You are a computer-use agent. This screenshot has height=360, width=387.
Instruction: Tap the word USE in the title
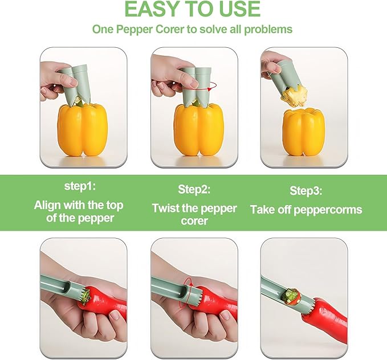(235, 10)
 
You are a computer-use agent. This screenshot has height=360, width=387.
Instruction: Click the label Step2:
(194, 189)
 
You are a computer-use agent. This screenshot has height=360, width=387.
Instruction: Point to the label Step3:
(306, 190)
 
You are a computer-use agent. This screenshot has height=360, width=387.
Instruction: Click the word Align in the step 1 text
(48, 204)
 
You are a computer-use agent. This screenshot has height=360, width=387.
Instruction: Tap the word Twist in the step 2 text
(166, 208)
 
